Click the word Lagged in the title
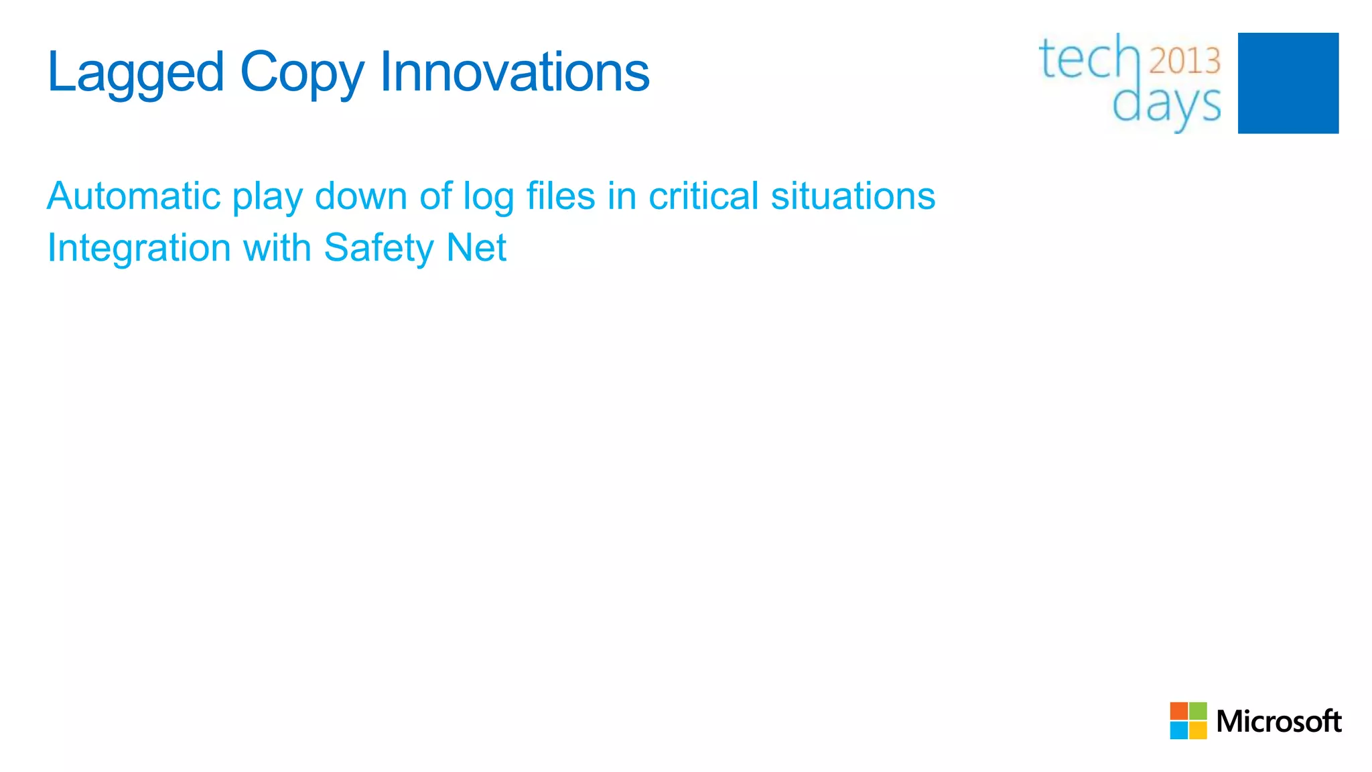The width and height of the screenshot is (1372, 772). pyautogui.click(x=135, y=72)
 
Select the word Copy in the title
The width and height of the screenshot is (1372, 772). pyautogui.click(x=302, y=72)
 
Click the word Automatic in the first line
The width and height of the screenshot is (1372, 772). pyautogui.click(x=133, y=196)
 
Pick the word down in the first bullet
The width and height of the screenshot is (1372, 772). pyautogui.click(x=361, y=196)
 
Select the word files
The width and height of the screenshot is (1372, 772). pyautogui.click(x=561, y=196)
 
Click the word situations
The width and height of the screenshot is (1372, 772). pyautogui.click(x=853, y=196)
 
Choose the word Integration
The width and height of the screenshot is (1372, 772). pyautogui.click(x=139, y=249)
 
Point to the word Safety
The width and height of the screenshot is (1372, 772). pyautogui.click(x=379, y=249)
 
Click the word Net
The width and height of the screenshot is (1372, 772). pyautogui.click(x=476, y=247)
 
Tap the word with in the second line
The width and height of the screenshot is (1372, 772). pyautogui.click(x=277, y=247)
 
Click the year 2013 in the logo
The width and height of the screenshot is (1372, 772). pyautogui.click(x=1185, y=61)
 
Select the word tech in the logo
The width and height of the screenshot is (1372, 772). pyautogui.click(x=1089, y=59)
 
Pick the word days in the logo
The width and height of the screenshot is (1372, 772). pyautogui.click(x=1166, y=105)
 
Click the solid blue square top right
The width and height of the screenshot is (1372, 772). pyautogui.click(x=1288, y=83)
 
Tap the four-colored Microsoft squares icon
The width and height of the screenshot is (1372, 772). pyautogui.click(x=1188, y=720)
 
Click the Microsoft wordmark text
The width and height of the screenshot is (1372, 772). pyautogui.click(x=1278, y=721)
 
